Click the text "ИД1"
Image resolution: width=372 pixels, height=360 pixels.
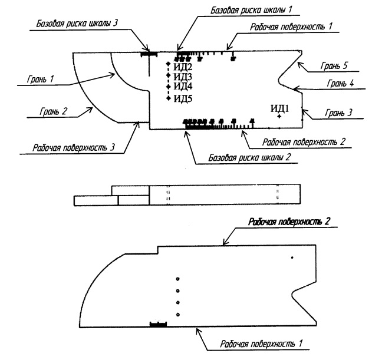pyautogui.click(x=279, y=108)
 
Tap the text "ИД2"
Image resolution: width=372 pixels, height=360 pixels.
pyautogui.click(x=183, y=67)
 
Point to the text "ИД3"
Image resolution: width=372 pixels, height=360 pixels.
pyautogui.click(x=183, y=77)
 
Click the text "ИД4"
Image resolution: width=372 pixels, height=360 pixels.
pyautogui.click(x=183, y=88)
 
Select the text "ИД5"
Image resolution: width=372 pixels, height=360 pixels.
pyautogui.click(x=183, y=98)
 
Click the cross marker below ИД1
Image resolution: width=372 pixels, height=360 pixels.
pyautogui.click(x=279, y=117)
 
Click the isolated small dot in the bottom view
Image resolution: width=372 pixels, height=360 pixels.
pyautogui.click(x=291, y=257)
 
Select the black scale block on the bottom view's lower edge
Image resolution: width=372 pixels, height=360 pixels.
pyautogui.click(x=159, y=324)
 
